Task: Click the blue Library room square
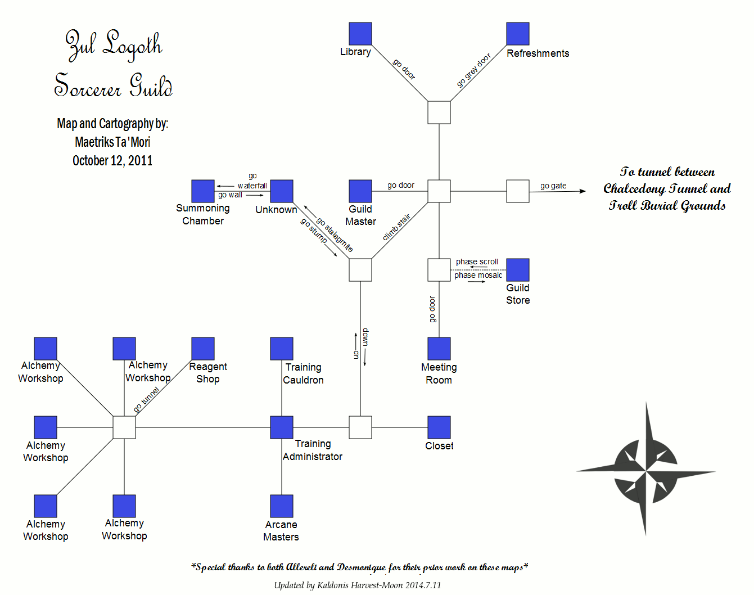click(360, 34)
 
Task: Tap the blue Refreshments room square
click(518, 34)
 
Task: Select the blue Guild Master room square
click(360, 191)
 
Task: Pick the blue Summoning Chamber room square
click(203, 191)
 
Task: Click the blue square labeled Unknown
click(282, 191)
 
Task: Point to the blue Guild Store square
click(518, 270)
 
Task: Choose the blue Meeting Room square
click(439, 349)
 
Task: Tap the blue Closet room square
click(439, 427)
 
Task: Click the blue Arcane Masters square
click(282, 506)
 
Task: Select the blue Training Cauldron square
click(282, 349)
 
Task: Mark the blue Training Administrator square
click(282, 427)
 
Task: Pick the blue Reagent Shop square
click(203, 349)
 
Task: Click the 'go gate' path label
click(553, 186)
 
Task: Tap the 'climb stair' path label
click(396, 227)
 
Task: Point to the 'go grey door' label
click(473, 70)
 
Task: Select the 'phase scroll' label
click(477, 262)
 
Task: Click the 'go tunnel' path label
click(147, 400)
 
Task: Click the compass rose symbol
click(645, 469)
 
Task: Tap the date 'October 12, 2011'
click(112, 161)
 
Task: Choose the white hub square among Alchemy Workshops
click(124, 427)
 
